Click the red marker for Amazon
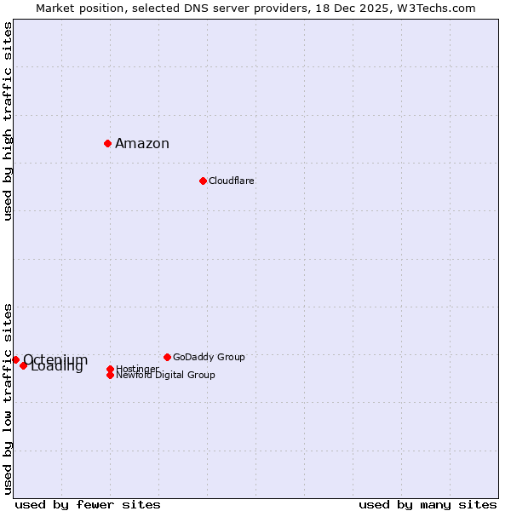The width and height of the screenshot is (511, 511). pos(108,143)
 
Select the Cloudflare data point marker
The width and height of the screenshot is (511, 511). pos(203,181)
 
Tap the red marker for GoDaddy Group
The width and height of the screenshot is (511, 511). pos(167,357)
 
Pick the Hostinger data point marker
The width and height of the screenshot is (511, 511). pos(110,369)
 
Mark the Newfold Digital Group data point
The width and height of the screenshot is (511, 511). pos(110,375)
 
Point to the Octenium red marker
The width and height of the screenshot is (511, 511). pos(15,359)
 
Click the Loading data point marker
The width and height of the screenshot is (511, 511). pos(24,365)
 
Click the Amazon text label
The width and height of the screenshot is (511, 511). pos(142,143)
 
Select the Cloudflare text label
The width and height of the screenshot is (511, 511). pos(232,181)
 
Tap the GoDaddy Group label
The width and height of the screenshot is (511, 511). pos(209,357)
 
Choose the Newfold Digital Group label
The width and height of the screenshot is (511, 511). pos(165,376)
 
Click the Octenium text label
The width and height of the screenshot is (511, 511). pos(55,359)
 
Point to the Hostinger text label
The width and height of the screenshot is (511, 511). pos(137,368)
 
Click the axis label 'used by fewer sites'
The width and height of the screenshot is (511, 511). pos(88,504)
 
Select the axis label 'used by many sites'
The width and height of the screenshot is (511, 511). pos(428,504)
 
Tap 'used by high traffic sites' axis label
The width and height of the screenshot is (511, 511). pos(8,121)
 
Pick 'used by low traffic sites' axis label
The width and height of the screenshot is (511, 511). pos(8,399)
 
